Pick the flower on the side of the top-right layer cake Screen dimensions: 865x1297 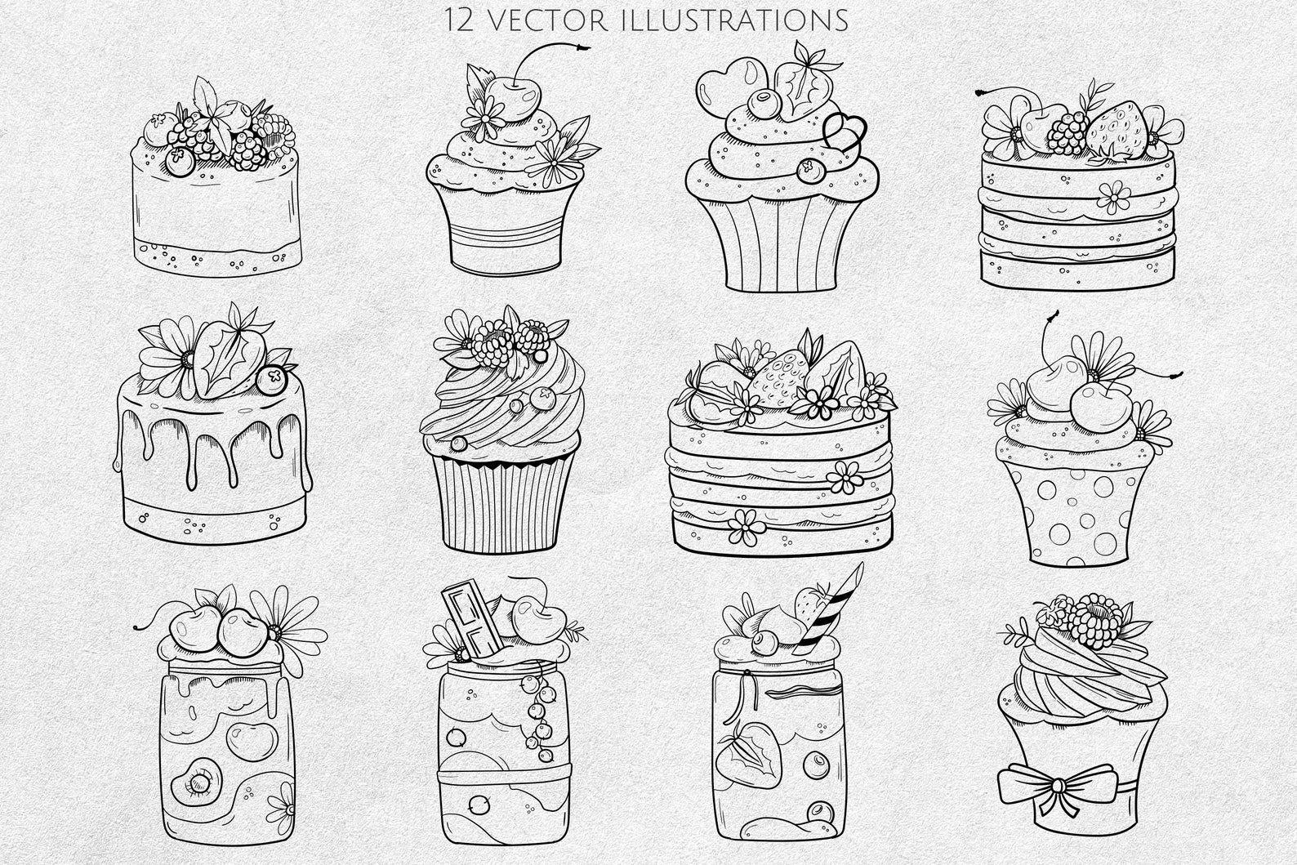1112,195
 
